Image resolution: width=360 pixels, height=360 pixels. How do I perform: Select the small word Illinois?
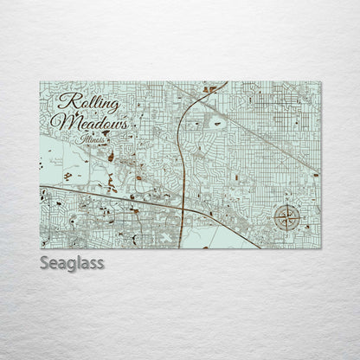point(92,139)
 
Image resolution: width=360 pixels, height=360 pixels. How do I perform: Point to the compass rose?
point(286,218)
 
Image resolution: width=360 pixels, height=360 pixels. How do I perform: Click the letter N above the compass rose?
point(287,204)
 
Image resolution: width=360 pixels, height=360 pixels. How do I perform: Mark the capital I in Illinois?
point(80,138)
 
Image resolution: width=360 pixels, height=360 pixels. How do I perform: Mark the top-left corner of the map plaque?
point(41,83)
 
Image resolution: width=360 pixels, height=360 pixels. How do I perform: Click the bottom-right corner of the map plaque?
point(320,248)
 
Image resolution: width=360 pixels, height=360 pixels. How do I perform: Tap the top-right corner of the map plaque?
point(320,83)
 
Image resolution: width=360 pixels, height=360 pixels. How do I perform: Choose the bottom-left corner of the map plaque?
point(41,248)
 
